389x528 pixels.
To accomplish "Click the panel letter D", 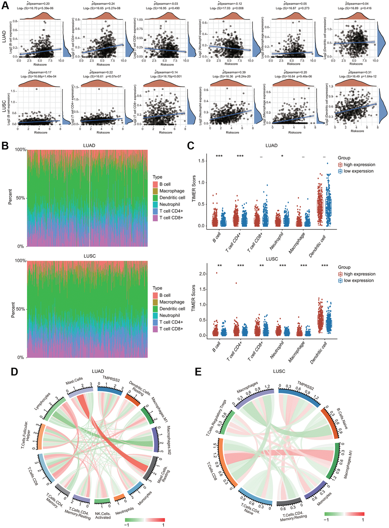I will point(14,371).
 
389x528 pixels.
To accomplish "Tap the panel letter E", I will point(198,371).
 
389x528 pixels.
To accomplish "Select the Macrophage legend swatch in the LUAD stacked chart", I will point(155,191).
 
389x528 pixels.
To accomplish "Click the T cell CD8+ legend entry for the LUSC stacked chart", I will point(171,329).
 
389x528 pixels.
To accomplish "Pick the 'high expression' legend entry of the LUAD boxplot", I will point(359,165).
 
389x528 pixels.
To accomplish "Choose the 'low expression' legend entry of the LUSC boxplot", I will point(358,280).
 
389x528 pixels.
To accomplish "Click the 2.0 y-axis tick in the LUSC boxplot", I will point(203,274).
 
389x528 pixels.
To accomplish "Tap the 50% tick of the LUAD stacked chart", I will point(20,198).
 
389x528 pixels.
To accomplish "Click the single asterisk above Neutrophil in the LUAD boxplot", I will point(282,157).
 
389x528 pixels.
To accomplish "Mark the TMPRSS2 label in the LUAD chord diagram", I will point(111,379).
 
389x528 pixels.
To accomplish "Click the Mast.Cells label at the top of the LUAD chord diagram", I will point(74,381).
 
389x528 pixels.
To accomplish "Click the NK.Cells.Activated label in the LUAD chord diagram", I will point(103,515).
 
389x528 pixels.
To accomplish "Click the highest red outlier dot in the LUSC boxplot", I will point(217,273).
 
